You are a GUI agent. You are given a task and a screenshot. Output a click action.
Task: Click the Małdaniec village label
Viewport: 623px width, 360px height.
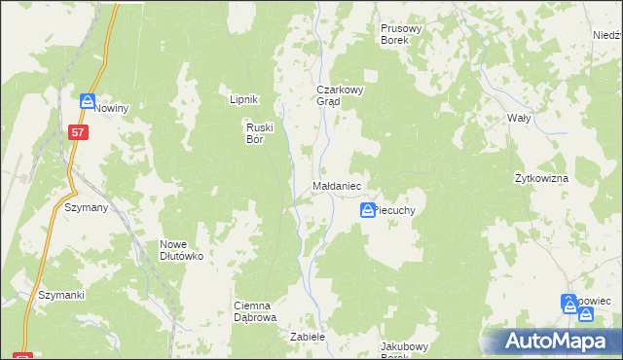(x=337, y=185)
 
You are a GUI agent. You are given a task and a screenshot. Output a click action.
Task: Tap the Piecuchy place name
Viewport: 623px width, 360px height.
(x=397, y=209)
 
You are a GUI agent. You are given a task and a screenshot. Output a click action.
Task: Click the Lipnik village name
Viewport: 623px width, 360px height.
(x=241, y=99)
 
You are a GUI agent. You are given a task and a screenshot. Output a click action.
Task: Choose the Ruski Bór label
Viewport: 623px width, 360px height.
(x=260, y=132)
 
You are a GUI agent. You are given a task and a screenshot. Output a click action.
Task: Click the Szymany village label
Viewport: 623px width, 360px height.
(x=85, y=208)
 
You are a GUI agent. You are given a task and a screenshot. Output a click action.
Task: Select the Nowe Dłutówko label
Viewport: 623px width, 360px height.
(x=181, y=250)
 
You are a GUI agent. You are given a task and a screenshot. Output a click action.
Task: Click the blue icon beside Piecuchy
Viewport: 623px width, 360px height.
(x=368, y=209)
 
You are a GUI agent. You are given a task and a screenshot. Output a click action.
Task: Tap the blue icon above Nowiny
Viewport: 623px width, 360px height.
(x=87, y=101)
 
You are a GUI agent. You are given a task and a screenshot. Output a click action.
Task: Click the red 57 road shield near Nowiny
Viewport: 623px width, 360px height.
(x=78, y=130)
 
